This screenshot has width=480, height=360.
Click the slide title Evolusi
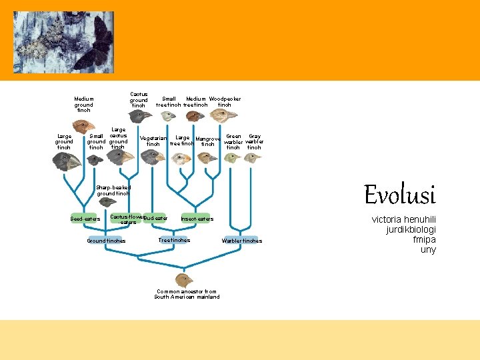(x=399, y=195)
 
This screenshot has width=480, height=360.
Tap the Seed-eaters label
(x=85, y=219)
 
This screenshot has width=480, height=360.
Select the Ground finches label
(x=106, y=241)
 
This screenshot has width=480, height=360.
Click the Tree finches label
(x=174, y=240)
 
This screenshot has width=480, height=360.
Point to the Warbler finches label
(x=241, y=241)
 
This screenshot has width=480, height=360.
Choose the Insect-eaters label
(x=197, y=219)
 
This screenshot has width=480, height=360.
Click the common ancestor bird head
(x=183, y=279)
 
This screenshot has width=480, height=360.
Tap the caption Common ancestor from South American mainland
(x=187, y=294)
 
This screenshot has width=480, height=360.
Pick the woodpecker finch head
(x=223, y=116)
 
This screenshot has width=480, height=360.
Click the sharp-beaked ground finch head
(x=107, y=202)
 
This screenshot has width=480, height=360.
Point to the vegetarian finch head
(x=153, y=157)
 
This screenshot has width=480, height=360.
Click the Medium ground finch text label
(x=83, y=105)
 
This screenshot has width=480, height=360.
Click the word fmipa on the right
(x=424, y=240)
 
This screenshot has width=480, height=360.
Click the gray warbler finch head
(x=253, y=158)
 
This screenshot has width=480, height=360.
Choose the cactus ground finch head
(x=141, y=116)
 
